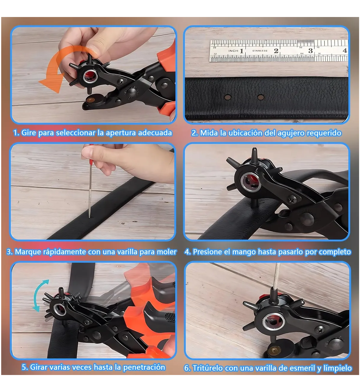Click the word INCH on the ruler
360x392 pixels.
click(x=233, y=51)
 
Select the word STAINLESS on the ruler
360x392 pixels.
click(x=259, y=51)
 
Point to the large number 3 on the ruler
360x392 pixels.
click(x=310, y=51)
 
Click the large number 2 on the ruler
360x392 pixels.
click(x=276, y=51)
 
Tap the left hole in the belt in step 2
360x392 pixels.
click(x=228, y=97)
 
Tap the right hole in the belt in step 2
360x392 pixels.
click(x=260, y=97)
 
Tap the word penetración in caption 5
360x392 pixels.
click(x=144, y=367)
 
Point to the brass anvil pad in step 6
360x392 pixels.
click(x=274, y=350)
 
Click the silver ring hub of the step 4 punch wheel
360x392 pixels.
click(x=251, y=182)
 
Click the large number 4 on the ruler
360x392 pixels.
click(x=345, y=50)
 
